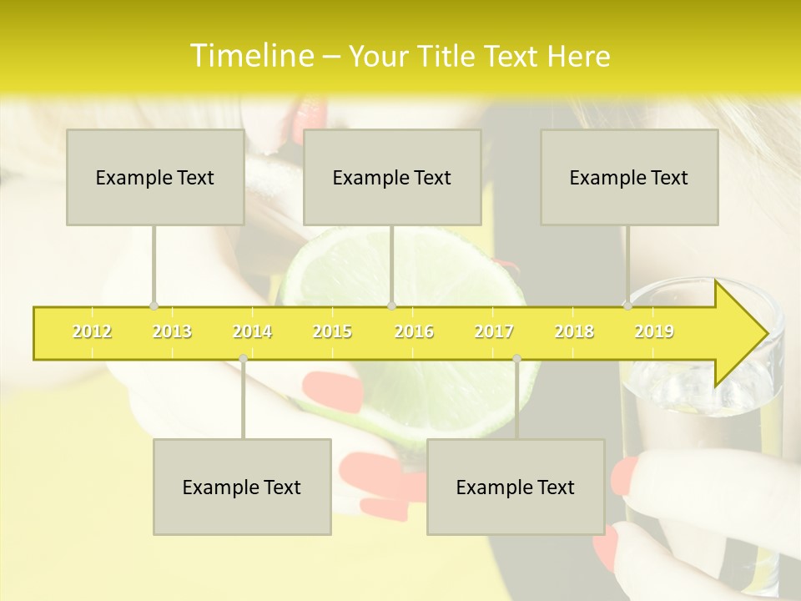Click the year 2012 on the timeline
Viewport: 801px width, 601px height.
[92, 332]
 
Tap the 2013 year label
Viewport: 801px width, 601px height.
[172, 332]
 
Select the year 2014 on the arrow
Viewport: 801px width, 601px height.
[252, 332]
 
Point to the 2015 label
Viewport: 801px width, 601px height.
[332, 332]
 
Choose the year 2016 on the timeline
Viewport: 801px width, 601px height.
[414, 332]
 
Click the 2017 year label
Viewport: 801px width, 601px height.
[494, 332]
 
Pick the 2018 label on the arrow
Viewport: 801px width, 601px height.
[574, 332]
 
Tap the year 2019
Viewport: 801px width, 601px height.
[654, 332]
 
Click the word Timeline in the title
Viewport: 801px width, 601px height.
[250, 56]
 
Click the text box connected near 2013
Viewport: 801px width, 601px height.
[155, 177]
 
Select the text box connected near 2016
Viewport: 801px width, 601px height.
[392, 177]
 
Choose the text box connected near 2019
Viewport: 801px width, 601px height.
[629, 177]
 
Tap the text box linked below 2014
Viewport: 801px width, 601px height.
[242, 487]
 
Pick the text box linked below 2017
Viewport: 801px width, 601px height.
[516, 487]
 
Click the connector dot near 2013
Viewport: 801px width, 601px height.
[154, 306]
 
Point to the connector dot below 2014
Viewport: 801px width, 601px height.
[243, 358]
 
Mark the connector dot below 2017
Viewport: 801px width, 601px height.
[516, 358]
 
